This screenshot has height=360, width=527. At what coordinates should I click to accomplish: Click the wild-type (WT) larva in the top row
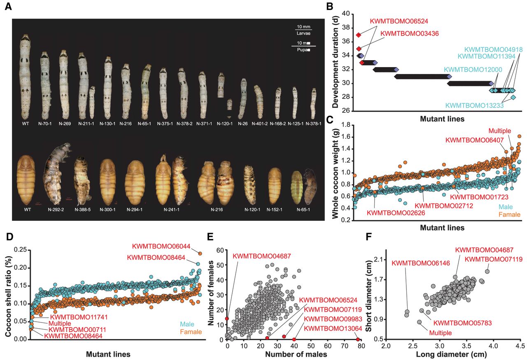pos(25,76)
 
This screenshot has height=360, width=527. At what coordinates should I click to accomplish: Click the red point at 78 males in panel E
pos(358,339)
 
